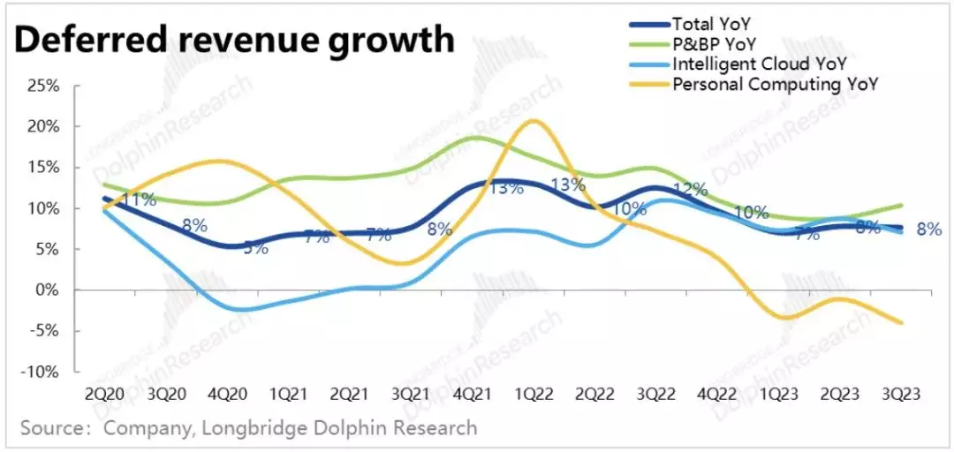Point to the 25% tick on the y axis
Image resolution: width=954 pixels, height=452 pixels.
pos(42,86)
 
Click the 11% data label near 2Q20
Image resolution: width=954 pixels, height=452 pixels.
pos(139,200)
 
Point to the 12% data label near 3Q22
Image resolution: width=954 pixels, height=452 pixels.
pos(690,190)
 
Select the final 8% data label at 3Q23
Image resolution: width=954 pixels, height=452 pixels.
pos(928,230)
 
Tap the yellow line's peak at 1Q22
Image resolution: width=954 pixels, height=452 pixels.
pos(533,121)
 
